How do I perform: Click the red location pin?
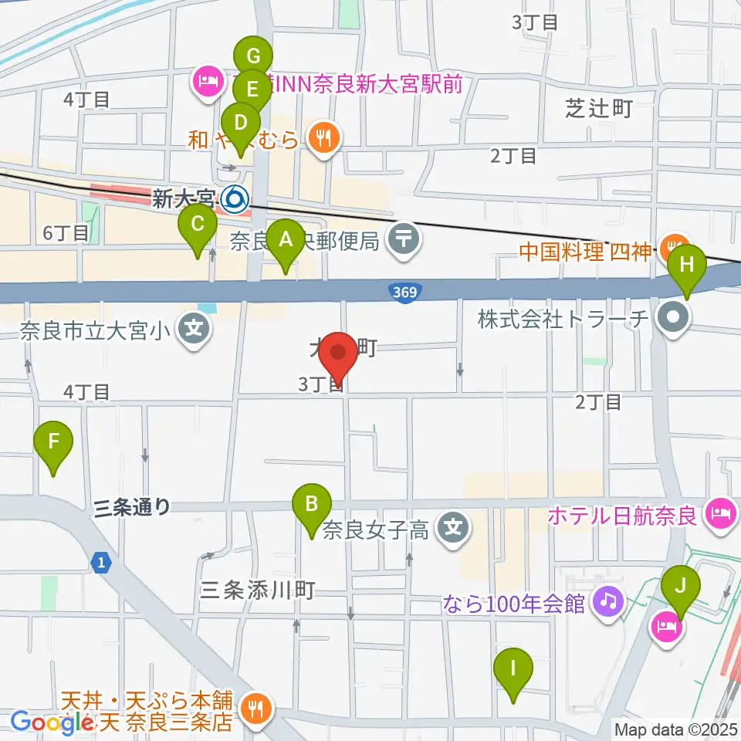[339, 355]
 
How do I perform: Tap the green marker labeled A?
[286, 242]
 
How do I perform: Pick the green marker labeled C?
[198, 226]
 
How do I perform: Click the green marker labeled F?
[53, 443]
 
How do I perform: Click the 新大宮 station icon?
[234, 201]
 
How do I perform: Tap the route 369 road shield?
[401, 291]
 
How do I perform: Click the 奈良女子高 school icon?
[452, 529]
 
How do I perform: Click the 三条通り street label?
[131, 507]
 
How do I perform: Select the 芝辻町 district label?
[598, 109]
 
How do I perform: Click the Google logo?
[46, 722]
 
